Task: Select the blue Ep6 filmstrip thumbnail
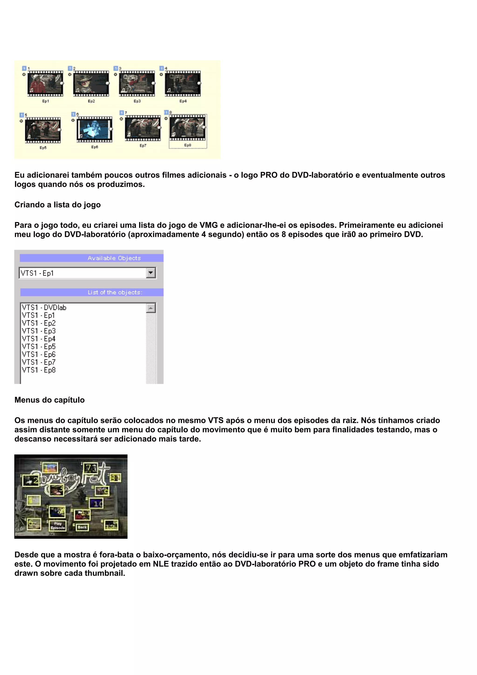pos(94,129)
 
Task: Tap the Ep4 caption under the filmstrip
pos(183,101)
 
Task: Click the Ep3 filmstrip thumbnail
pos(137,83)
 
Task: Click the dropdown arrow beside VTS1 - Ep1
pos(151,273)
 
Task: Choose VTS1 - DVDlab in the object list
pos(44,308)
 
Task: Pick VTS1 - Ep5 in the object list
pos(39,347)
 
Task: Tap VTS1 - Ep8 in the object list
pos(39,370)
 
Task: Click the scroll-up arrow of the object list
pos(151,308)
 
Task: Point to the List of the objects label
pos(115,292)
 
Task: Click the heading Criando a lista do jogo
pos(58,205)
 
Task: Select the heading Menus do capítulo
pos(49,400)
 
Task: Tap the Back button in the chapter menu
pos(82,527)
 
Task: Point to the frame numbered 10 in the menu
pos(97,504)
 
